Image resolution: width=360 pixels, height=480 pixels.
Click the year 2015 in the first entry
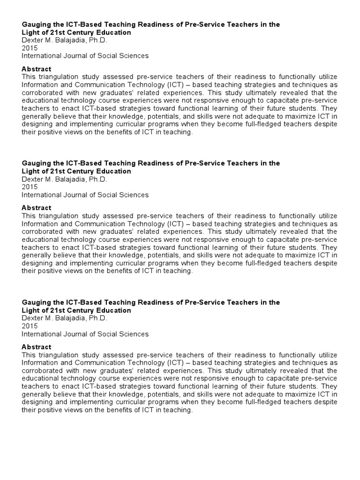29,48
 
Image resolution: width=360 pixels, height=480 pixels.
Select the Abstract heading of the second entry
37,208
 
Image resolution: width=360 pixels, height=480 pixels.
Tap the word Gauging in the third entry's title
36,302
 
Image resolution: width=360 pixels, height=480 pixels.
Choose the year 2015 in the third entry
29,326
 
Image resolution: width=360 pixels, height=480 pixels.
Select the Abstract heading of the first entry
37,68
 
